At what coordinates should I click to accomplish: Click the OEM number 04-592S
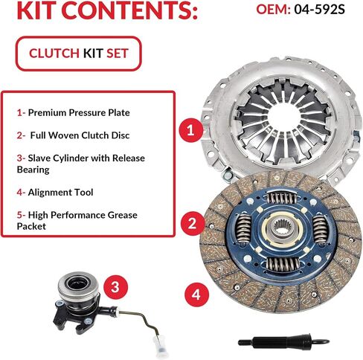click(319, 10)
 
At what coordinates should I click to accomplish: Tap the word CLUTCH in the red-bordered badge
click(54, 54)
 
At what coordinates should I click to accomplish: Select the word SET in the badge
click(118, 54)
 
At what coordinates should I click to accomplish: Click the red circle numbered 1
click(191, 130)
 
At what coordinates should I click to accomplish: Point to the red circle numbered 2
click(193, 223)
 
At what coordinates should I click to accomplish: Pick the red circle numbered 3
click(115, 287)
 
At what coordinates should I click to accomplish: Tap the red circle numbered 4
click(196, 295)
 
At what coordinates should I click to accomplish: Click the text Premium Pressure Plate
click(79, 112)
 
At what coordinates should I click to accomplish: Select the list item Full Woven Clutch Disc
click(80, 135)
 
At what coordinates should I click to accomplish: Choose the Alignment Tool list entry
click(60, 193)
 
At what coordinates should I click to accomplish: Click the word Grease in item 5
click(122, 215)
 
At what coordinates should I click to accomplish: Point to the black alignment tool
click(283, 341)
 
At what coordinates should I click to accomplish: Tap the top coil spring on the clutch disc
click(281, 198)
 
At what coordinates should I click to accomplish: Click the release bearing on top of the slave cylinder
click(77, 285)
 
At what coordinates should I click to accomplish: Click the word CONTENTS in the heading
click(129, 11)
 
